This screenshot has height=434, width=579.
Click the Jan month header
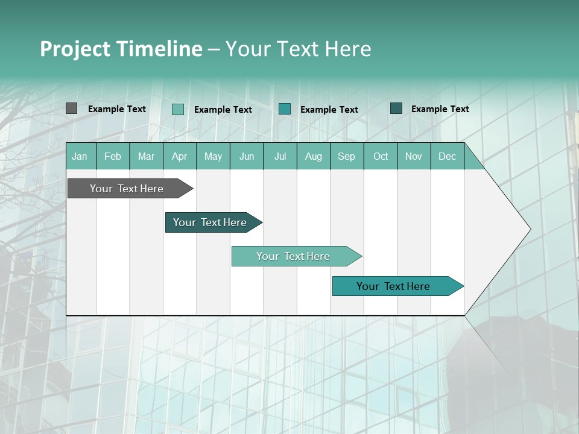(80, 156)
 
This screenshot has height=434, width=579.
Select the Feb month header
(113, 156)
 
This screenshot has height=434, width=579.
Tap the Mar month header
(146, 156)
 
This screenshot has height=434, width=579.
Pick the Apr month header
(180, 156)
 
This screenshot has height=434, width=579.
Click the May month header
(213, 156)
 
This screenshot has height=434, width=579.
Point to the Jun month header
(247, 156)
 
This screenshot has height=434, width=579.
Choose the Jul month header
(280, 156)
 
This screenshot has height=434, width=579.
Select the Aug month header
(314, 156)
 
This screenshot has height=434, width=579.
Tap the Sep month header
(347, 156)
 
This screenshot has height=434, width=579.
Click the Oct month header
(381, 156)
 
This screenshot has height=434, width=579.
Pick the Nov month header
(414, 156)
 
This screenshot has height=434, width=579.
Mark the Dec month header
(448, 156)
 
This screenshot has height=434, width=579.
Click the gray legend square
(71, 108)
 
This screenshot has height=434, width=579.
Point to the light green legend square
(177, 109)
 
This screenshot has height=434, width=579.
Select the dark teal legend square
(396, 108)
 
